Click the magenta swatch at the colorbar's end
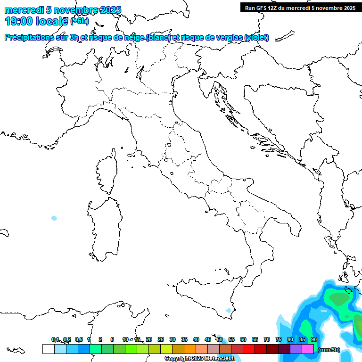[x=308, y=349]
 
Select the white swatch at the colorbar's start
[x=48, y=349]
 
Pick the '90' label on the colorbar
[x=314, y=339]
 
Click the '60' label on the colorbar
[x=243, y=339]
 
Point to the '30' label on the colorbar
[x=173, y=339]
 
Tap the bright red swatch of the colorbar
[x=249, y=349]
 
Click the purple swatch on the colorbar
[x=296, y=349]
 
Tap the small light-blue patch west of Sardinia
[x=54, y=218]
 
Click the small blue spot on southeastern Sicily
[x=229, y=310]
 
